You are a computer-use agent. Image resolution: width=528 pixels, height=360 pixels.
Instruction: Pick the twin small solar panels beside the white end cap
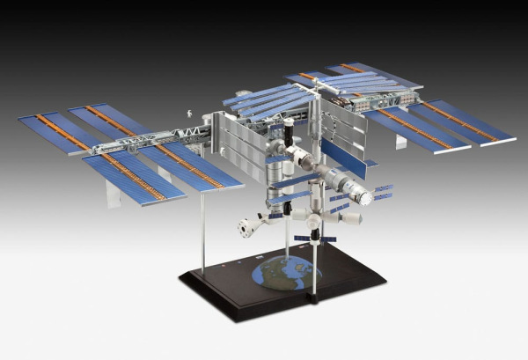tap(382, 191)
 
